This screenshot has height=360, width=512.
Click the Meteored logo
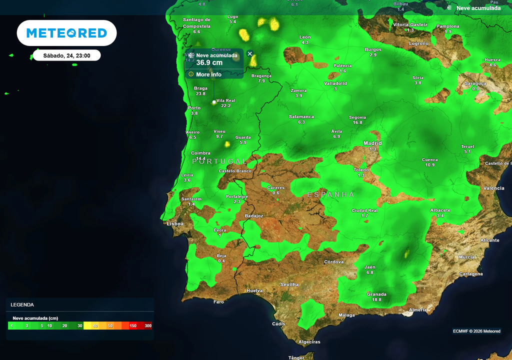[66, 33]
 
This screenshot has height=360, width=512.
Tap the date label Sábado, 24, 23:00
[66, 55]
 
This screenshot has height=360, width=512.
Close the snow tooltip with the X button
[250, 53]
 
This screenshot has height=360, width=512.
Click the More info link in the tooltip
[208, 74]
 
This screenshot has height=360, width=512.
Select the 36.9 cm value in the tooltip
[209, 63]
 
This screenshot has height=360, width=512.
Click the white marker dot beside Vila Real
[214, 102]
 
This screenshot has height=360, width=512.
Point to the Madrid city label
[372, 143]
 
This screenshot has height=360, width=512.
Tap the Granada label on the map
[376, 294]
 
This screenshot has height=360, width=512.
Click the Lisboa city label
[175, 223]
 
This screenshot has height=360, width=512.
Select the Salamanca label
[301, 116]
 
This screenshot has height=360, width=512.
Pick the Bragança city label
[261, 75]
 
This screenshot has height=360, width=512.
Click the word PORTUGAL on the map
[219, 161]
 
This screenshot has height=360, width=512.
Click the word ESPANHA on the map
[330, 194]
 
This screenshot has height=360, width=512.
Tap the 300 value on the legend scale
[148, 325]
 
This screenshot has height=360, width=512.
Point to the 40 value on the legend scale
[95, 325]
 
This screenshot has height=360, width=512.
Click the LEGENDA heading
[22, 304]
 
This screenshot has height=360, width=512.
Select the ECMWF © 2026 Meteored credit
[476, 331]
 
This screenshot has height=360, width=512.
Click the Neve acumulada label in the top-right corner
[478, 8]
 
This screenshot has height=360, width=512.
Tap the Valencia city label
[493, 188]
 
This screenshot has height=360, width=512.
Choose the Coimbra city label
[200, 153]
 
